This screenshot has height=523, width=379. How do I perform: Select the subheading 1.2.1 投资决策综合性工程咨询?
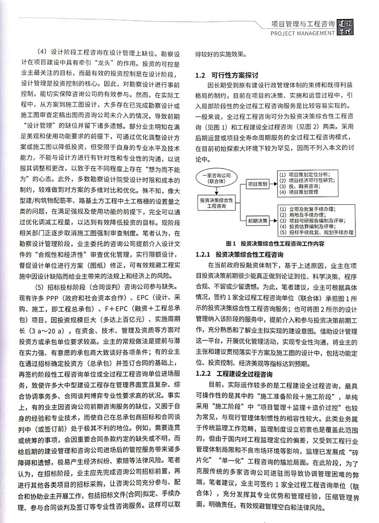[x=239, y=254]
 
